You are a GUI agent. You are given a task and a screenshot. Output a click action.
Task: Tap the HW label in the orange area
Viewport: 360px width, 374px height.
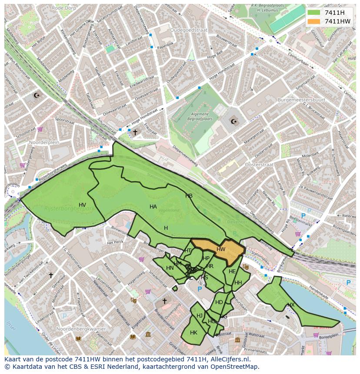[x=221, y=249]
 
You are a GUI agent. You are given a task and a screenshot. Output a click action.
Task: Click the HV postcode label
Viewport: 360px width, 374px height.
[x=82, y=205]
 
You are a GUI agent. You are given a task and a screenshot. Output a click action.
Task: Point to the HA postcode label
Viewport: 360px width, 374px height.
[x=153, y=207]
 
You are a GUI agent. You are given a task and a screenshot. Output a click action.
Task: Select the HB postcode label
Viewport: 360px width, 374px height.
[x=189, y=196]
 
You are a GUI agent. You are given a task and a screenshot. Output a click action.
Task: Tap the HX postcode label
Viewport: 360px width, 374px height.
[x=291, y=305]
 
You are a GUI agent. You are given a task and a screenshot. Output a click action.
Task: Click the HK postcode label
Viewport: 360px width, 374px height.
[x=193, y=333]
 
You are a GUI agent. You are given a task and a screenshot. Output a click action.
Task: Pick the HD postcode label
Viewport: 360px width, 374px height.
[x=219, y=302]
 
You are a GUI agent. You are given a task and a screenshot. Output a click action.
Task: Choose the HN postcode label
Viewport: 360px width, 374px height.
[x=170, y=268]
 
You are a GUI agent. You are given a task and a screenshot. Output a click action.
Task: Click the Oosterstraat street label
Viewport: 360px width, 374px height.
[x=259, y=165]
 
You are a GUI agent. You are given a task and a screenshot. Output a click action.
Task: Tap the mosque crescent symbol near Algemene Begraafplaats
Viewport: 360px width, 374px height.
[x=235, y=121]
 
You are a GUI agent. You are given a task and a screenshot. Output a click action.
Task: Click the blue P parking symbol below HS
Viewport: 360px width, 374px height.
[x=200, y=289]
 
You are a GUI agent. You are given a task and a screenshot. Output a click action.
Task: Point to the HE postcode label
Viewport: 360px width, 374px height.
[x=232, y=271]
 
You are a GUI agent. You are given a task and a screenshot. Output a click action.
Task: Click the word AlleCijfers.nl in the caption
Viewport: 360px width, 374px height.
[x=234, y=359]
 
